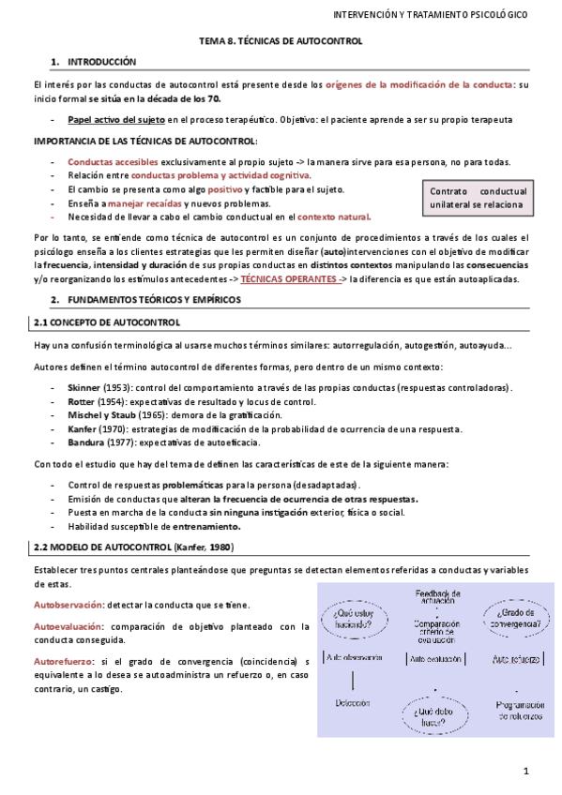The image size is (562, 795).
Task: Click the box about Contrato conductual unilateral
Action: (478, 198)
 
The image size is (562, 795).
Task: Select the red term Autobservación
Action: (67, 606)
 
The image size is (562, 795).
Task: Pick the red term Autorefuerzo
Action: (63, 662)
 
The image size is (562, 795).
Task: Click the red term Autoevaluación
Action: (68, 626)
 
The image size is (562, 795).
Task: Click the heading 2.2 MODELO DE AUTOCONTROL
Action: (132, 547)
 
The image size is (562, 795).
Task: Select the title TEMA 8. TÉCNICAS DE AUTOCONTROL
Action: (281, 41)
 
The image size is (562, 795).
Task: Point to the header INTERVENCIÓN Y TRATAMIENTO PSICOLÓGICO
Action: (431, 16)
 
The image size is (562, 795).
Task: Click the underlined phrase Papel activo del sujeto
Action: (116, 120)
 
